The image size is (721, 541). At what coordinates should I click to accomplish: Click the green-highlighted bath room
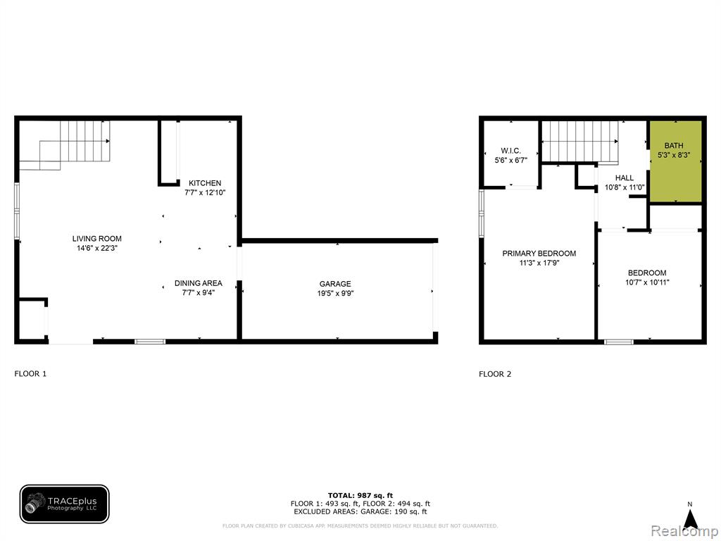point(675,161)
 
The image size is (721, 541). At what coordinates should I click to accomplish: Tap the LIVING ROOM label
point(97,239)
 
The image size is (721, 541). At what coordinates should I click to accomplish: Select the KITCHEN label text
point(205,183)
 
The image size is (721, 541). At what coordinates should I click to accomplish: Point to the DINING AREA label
point(198,283)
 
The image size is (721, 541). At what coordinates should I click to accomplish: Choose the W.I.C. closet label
point(511,151)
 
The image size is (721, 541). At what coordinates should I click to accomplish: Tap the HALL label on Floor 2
point(625,178)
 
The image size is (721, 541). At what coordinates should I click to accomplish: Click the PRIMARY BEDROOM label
point(539,254)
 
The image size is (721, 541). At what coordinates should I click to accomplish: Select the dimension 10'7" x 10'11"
point(647,282)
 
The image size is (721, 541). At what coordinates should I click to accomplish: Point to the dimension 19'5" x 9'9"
point(335,294)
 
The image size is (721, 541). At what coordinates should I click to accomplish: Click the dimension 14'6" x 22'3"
point(97,249)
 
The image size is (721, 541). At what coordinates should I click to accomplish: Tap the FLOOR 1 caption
point(30,373)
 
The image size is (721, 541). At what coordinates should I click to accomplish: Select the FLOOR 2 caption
point(495,374)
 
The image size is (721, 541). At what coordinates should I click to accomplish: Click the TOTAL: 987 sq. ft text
point(360,495)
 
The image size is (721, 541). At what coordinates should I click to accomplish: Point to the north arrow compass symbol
point(690,516)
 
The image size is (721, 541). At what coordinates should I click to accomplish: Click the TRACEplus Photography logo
point(64,504)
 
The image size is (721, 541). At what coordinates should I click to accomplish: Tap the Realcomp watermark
point(684,531)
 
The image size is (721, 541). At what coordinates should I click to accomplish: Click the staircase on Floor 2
point(580,142)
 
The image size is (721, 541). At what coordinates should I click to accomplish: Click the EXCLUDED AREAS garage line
point(360,511)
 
